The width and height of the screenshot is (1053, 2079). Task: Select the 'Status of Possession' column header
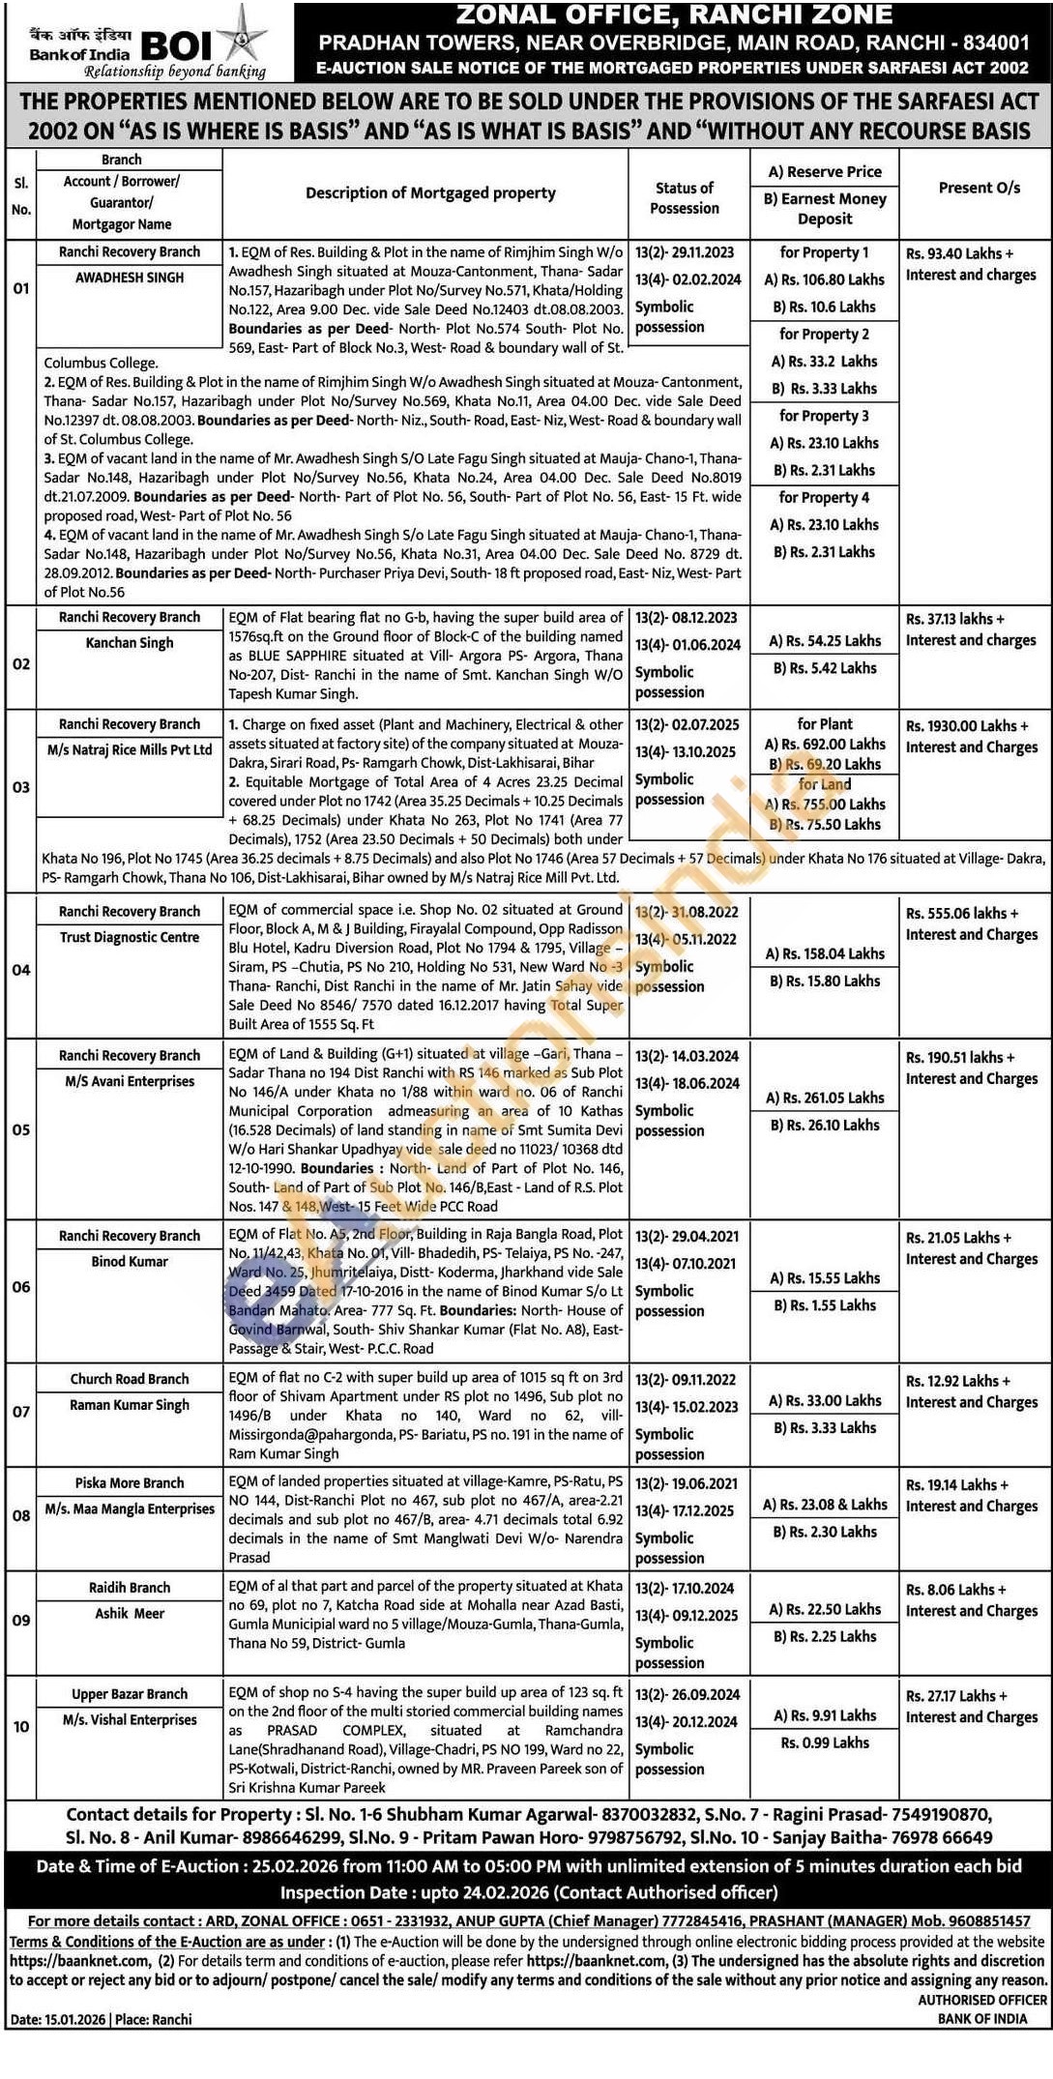tap(684, 198)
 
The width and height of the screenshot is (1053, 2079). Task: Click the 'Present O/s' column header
tap(979, 188)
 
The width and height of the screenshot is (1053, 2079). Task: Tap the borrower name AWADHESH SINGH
tap(130, 278)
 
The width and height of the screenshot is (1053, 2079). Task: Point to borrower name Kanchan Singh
tap(130, 643)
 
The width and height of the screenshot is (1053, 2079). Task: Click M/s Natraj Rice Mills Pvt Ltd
tap(130, 749)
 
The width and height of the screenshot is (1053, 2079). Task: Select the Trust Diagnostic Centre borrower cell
tap(130, 937)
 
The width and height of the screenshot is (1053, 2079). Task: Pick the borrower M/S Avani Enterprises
tap(130, 1081)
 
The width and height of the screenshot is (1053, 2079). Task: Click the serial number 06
tap(21, 1287)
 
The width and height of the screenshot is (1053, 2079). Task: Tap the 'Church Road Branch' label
tap(130, 1379)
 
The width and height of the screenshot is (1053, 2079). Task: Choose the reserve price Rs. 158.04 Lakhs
tap(825, 953)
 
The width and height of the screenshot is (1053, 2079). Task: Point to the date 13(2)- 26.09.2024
tap(687, 1694)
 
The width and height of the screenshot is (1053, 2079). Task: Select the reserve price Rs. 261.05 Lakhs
tap(825, 1098)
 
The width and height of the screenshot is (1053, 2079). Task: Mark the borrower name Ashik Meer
tap(130, 1613)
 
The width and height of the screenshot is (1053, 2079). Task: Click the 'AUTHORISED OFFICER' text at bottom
tap(982, 2000)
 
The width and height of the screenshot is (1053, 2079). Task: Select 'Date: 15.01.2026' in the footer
tap(58, 2019)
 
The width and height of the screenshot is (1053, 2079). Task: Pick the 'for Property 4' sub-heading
tap(824, 497)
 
